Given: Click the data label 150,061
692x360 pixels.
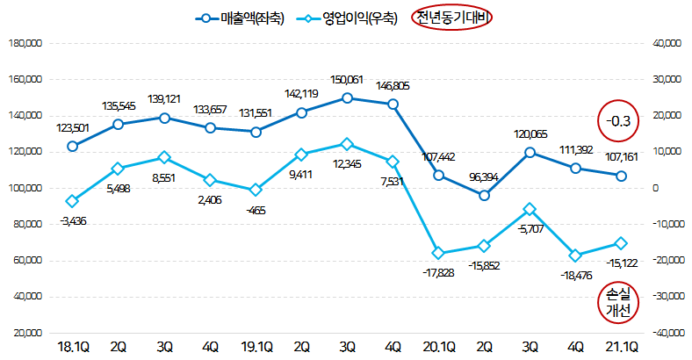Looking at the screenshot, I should pos(348,81).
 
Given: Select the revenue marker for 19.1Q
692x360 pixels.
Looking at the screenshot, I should pos(256,132).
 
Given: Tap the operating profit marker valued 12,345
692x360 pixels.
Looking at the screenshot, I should pos(347,144).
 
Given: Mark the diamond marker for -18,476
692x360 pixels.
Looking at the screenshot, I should pos(575,256).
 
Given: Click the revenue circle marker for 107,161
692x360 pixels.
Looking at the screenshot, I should pos(621,176).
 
